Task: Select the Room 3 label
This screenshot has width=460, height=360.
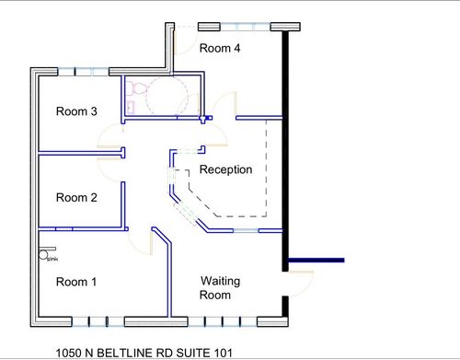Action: tap(76, 112)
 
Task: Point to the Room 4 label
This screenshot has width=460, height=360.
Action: tap(221, 49)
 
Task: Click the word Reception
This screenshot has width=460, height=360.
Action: tap(225, 169)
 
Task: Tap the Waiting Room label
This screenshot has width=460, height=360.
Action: tap(220, 287)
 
